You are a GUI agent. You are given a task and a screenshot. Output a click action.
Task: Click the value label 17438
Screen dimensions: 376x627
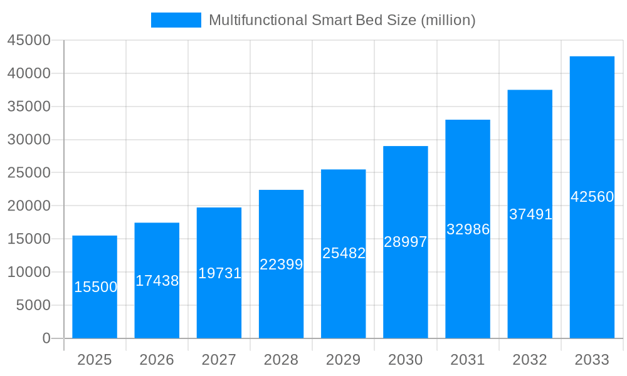tap(157, 281)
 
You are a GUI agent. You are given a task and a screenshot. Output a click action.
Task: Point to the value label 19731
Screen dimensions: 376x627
tap(219, 273)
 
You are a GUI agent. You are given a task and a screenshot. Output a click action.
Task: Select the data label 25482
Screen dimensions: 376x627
tap(344, 253)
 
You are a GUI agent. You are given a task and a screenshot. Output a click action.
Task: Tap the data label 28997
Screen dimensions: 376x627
tap(406, 242)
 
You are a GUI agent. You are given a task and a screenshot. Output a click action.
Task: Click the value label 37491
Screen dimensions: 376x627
tap(530, 214)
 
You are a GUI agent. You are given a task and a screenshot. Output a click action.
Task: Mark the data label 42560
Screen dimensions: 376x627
tap(592, 197)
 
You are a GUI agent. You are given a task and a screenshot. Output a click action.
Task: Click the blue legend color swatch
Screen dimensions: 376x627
tap(176, 20)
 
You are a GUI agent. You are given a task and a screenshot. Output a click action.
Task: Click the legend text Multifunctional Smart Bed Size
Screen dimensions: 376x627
tap(342, 20)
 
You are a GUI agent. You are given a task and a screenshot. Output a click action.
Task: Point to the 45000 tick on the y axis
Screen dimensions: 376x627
tap(28, 40)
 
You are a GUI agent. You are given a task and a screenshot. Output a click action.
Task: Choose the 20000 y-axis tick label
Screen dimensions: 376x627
tap(28, 206)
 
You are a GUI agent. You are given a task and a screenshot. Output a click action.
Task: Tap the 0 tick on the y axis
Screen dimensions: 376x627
tap(46, 338)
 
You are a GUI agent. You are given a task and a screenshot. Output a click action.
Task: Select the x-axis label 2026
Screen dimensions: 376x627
tap(157, 360)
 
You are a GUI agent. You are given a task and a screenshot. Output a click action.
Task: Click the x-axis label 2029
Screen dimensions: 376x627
tap(344, 360)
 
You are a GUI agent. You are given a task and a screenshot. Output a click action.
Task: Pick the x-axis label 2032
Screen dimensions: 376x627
tap(530, 360)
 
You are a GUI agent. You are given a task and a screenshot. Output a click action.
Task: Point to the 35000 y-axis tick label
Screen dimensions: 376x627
tap(28, 107)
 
